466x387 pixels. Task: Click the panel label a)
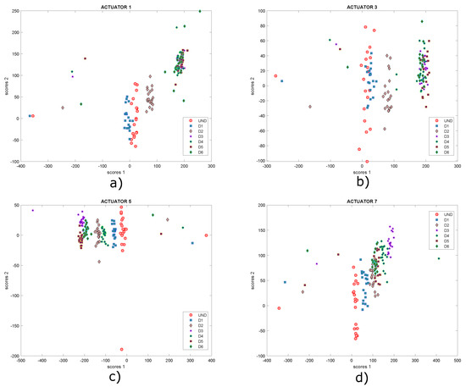tap(115, 181)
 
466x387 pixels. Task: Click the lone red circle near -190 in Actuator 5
tap(122, 349)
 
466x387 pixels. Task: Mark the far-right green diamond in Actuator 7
tap(438, 258)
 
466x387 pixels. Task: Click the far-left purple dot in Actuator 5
tap(33, 210)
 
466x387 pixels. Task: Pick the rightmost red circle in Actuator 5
tap(206, 235)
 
